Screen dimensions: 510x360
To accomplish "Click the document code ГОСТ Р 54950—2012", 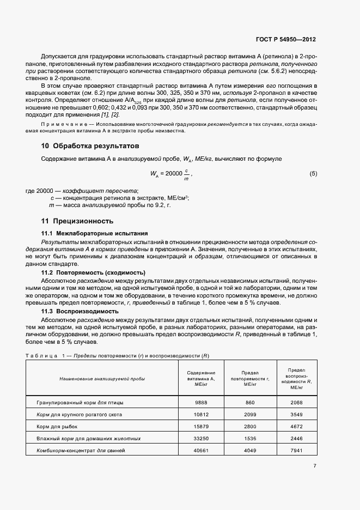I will coord(286,39).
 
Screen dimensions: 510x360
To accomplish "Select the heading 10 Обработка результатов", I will coord(90,146).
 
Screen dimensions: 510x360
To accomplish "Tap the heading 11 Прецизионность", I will coord(78,221).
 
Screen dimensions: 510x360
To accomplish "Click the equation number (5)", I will coord(313,174).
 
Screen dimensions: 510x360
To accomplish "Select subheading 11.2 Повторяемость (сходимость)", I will coord(94,272).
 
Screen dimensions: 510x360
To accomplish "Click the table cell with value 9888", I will coord(201,403).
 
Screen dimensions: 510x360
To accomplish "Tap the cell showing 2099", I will coord(250,414).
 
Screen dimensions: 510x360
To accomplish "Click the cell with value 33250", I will coord(201,438).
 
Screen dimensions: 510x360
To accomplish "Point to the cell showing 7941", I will coord(297,450).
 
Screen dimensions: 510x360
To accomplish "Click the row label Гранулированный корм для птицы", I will coord(80,403).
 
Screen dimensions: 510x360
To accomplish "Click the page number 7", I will coord(315,465).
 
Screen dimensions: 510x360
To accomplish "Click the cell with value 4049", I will coord(250,450).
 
